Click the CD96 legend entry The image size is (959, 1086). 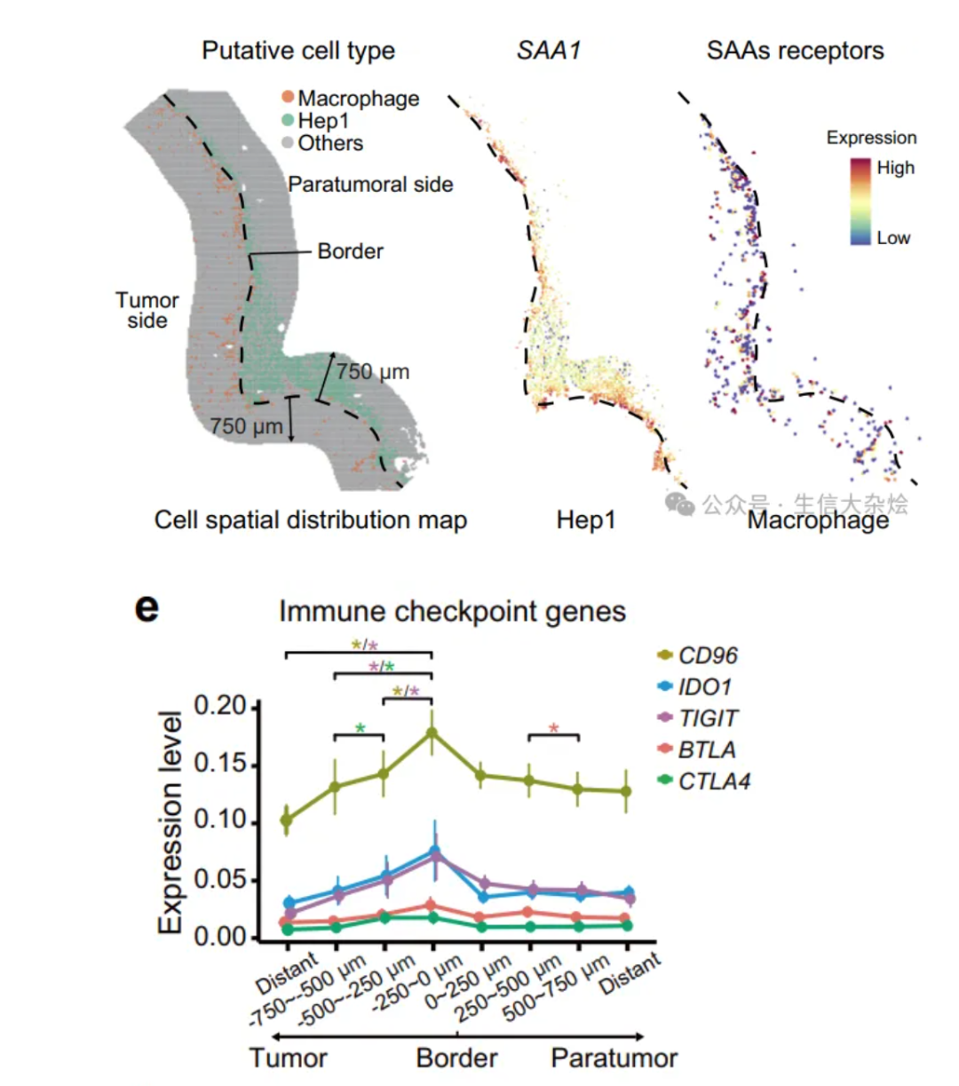707,655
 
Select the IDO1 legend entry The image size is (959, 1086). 703,687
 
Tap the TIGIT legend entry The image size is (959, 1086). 707,718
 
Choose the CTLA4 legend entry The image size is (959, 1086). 713,781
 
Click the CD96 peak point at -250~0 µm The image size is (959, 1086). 432,733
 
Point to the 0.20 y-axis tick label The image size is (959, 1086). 219,707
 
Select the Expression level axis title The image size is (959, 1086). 170,821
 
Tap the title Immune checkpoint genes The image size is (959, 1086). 452,612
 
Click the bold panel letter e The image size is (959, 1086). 147,608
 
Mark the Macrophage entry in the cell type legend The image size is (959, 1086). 358,98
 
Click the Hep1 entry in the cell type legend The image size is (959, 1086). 323,121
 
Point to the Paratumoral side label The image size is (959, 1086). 370,185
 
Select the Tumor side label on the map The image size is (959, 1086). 147,310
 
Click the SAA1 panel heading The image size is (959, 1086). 549,51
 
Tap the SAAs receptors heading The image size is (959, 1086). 795,51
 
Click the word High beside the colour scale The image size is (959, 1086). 895,168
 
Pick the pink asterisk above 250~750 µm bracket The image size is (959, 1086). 554,729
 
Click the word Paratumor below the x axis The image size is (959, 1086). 614,1058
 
